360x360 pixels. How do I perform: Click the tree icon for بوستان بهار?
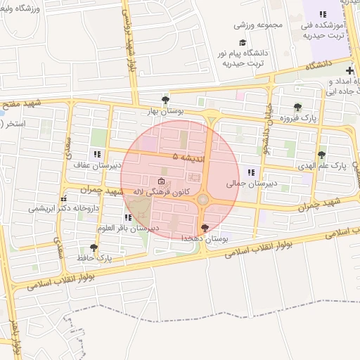[x=165, y=100]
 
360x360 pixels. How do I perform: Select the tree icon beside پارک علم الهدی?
[x=321, y=155]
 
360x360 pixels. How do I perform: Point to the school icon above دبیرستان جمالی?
[x=250, y=172]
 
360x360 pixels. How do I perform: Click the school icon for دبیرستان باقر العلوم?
[x=128, y=217]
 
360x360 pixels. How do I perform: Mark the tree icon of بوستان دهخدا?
[x=205, y=227]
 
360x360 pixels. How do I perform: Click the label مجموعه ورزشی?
[x=258, y=25]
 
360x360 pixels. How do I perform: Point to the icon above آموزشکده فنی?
[x=323, y=13]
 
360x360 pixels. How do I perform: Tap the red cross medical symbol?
[x=349, y=71]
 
